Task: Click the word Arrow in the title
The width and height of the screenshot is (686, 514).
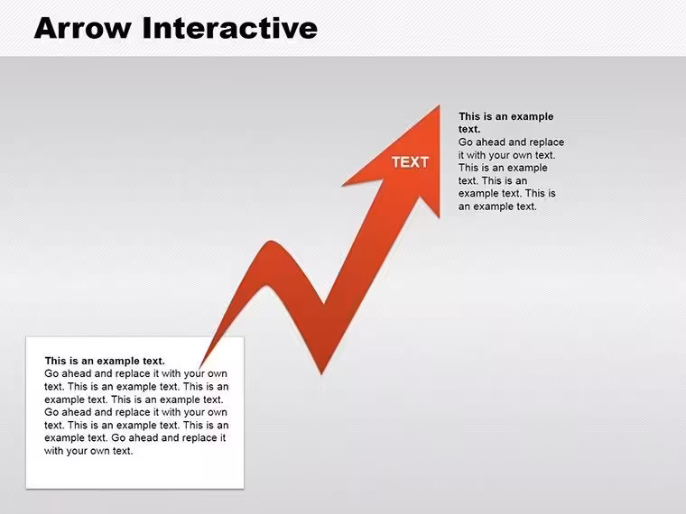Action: point(83,28)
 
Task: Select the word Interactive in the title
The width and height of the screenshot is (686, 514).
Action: point(230,28)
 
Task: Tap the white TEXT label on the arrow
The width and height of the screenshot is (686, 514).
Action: point(410,162)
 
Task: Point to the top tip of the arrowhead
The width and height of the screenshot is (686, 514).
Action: point(440,106)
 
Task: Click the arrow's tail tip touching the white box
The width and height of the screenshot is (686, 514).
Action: point(200,368)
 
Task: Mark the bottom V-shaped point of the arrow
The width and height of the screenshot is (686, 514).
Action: point(321,373)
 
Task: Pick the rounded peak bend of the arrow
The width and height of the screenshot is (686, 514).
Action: point(272,242)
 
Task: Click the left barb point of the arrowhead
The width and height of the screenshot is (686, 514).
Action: point(343,186)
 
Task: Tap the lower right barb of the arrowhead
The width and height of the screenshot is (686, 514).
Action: point(439,216)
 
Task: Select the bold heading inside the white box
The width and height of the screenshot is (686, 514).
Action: point(105,361)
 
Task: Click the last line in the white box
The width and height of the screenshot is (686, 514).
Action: point(88,451)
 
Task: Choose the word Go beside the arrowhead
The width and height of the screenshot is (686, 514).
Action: point(466,142)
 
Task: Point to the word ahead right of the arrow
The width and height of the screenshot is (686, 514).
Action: point(490,142)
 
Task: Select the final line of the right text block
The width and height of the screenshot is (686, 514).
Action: point(497,207)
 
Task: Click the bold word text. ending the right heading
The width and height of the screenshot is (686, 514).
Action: point(469,129)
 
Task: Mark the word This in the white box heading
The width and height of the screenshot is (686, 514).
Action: point(55,361)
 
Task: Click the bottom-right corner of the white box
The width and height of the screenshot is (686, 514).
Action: point(244,488)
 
